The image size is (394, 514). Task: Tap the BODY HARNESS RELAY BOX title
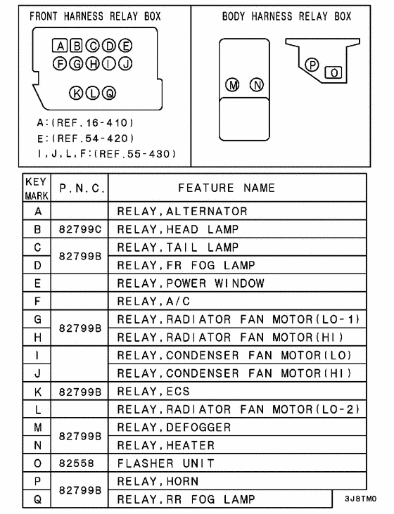coord(286,15)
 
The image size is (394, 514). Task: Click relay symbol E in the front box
coord(125,47)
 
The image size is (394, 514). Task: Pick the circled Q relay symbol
coord(108,93)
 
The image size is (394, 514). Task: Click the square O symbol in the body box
coord(334,72)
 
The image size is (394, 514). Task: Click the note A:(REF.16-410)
coord(84,122)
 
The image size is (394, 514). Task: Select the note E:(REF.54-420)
coord(84,138)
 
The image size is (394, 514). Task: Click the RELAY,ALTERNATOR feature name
coord(182,211)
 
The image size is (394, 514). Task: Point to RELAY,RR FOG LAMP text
coord(186,500)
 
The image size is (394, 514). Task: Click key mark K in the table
coord(38,392)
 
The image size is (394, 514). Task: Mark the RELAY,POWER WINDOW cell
coord(190,283)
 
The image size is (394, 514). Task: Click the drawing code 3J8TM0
coord(360,499)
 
